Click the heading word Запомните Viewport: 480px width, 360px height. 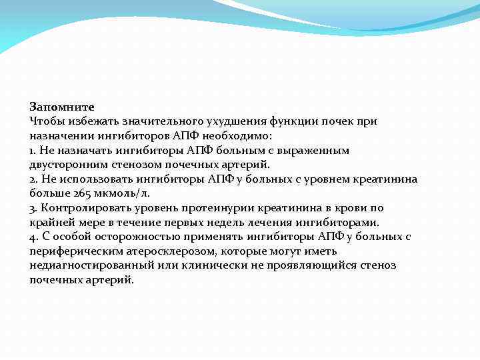coord(62,107)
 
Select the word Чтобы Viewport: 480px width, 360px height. coord(45,121)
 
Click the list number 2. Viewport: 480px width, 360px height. coord(33,179)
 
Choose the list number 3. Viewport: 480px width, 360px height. coord(33,208)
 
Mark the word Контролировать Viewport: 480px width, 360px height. coord(81,208)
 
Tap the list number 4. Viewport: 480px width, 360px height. coord(33,237)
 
